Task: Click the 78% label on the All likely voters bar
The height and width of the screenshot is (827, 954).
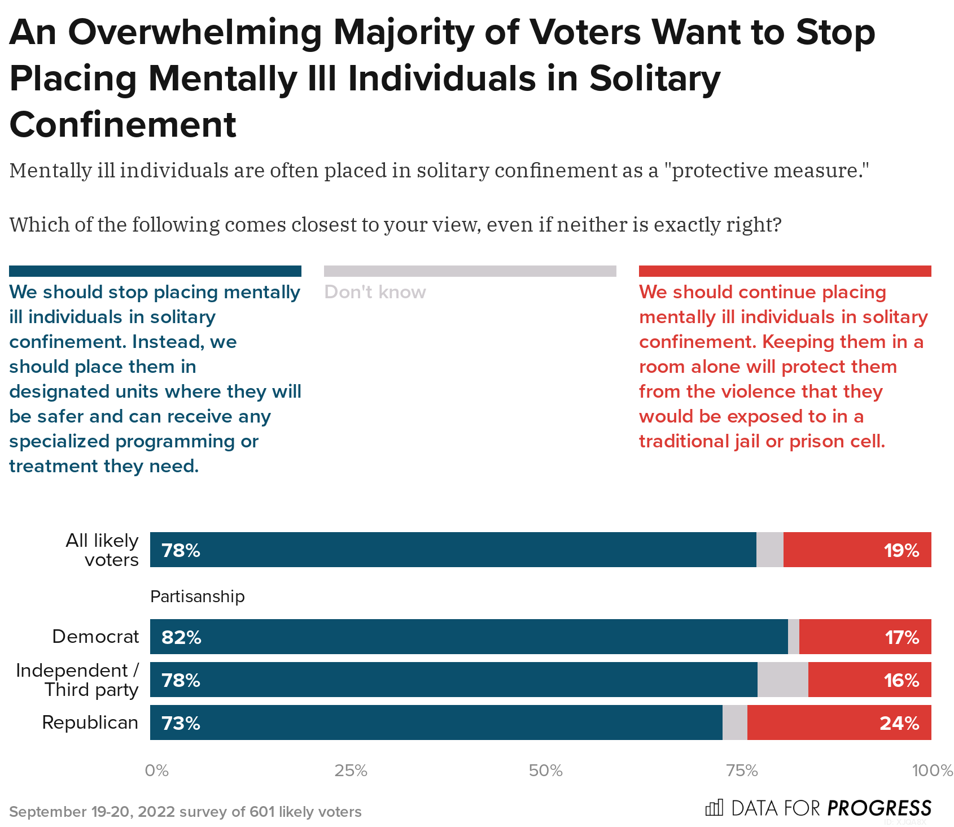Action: point(181,550)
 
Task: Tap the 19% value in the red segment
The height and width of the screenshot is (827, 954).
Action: point(902,550)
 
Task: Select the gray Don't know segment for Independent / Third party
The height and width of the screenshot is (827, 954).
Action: point(782,680)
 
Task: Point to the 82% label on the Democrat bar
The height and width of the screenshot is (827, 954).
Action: point(181,637)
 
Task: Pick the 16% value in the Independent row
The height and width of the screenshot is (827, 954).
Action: point(902,680)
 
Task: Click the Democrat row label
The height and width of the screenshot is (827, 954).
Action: point(95,637)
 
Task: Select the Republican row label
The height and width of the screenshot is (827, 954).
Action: point(90,722)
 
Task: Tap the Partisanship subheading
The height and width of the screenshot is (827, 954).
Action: point(197,597)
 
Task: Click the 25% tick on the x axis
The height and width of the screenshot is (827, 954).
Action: point(351,771)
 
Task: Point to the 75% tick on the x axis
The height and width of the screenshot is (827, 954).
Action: point(741,771)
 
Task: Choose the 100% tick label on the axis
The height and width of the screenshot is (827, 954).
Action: point(932,771)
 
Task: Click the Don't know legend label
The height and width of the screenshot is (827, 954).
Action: point(375,292)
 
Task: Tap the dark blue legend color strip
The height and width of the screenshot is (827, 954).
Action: point(155,271)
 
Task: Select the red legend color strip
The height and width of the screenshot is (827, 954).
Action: point(785,271)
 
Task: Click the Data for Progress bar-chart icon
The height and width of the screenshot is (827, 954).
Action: point(714,808)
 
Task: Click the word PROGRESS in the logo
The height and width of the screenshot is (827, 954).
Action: point(879,808)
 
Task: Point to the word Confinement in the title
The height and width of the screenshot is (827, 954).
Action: point(123,125)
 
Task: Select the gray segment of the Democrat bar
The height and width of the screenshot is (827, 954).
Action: point(793,637)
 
